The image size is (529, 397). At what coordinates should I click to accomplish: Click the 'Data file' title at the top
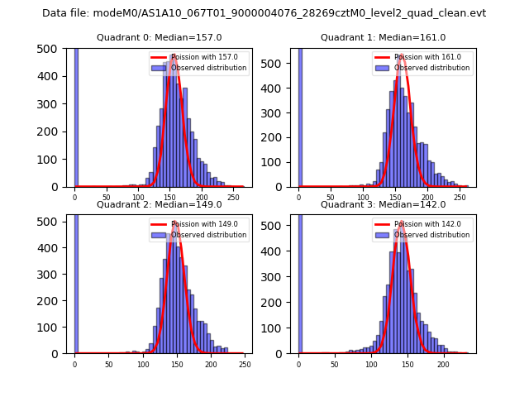pos(264,13)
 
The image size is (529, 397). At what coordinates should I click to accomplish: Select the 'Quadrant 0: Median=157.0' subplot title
pos(160,37)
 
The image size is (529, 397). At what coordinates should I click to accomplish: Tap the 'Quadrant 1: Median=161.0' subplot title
pos(384,37)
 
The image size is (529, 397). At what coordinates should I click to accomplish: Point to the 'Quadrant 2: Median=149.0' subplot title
pos(160,204)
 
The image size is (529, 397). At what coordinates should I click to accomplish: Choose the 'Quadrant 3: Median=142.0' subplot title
pos(384,204)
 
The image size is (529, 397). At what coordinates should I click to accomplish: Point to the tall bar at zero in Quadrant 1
pos(299,116)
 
